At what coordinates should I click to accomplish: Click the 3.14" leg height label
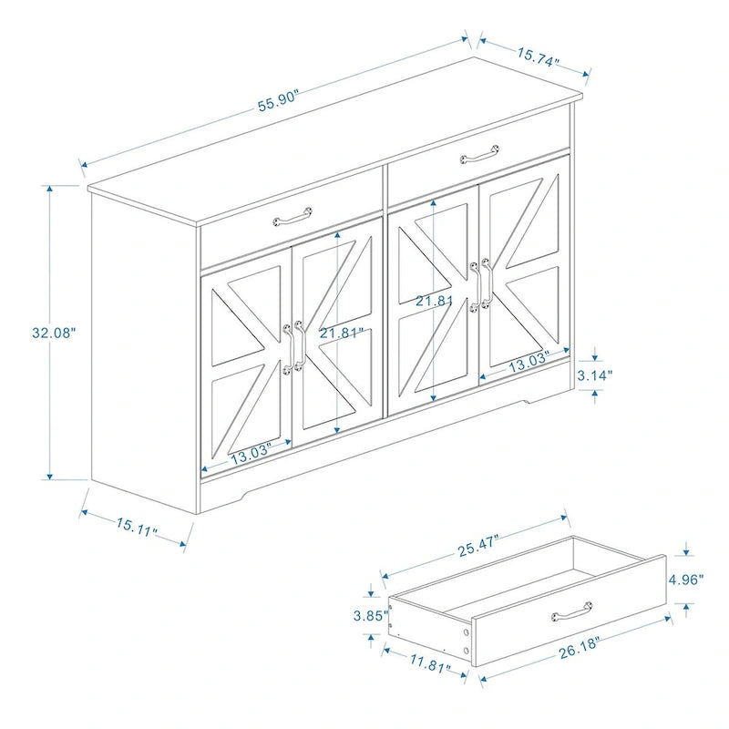pos(595,374)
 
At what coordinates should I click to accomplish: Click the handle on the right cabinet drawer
pos(479,153)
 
